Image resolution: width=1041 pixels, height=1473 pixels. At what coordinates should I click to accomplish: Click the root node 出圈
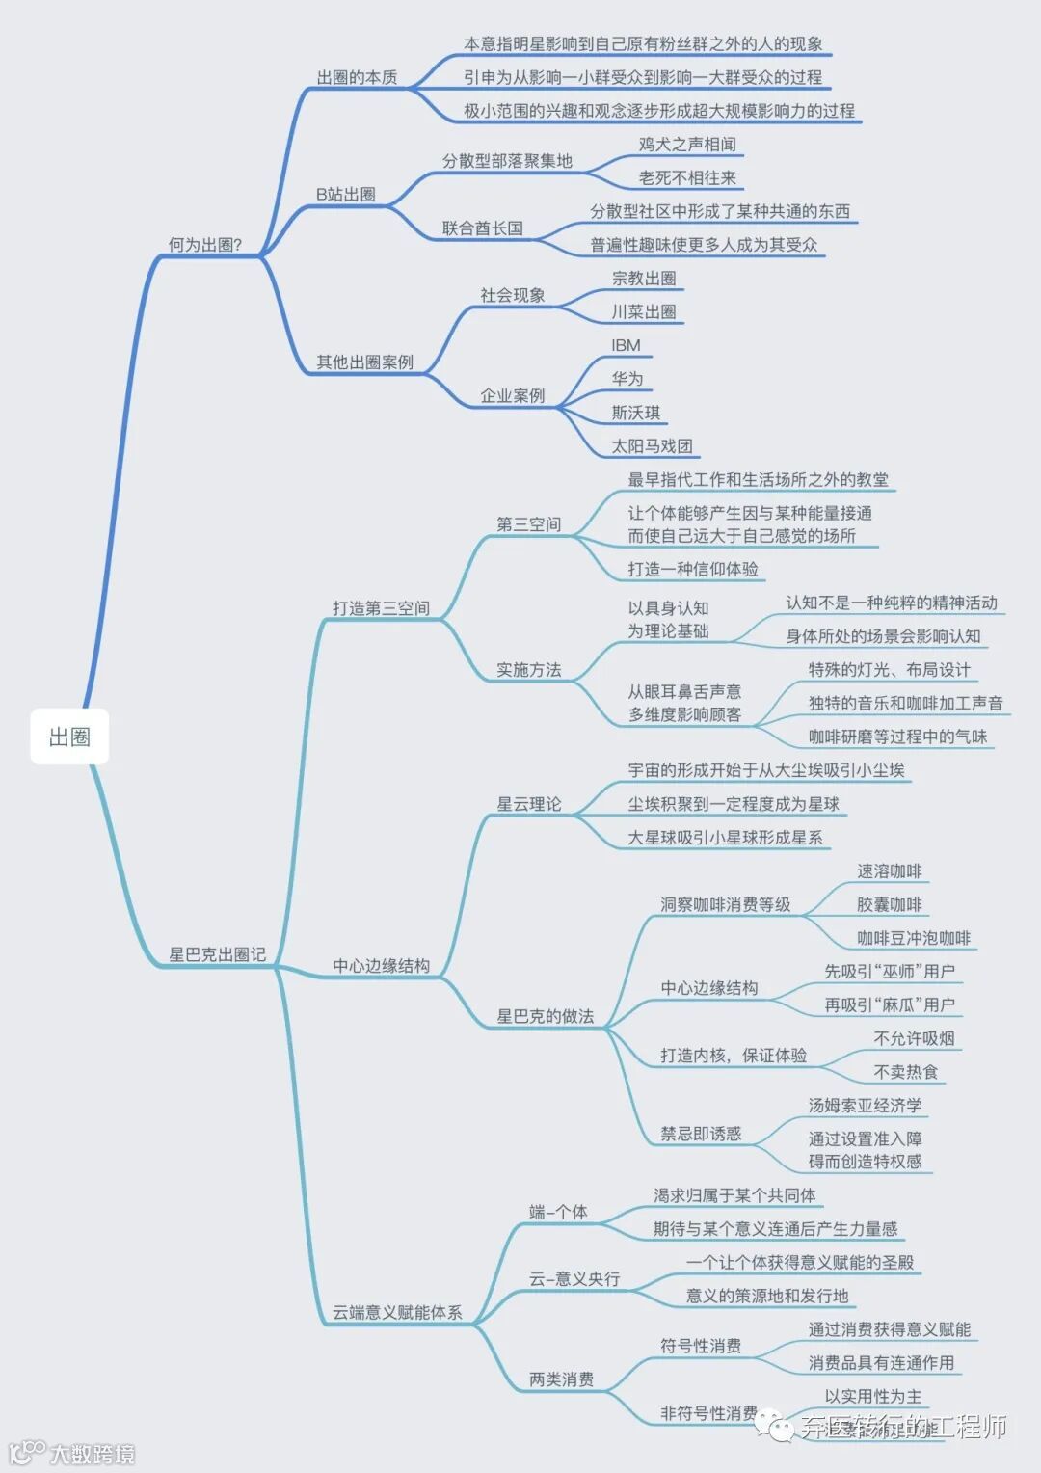(x=69, y=737)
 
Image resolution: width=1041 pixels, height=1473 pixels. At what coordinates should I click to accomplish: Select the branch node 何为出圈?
(x=204, y=245)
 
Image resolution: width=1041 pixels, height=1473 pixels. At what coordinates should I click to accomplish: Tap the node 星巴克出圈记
(x=217, y=954)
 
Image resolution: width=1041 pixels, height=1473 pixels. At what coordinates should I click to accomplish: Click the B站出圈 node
(x=346, y=194)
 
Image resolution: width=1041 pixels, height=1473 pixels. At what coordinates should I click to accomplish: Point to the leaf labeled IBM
(x=626, y=345)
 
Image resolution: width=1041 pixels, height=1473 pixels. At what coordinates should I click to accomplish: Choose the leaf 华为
(x=627, y=379)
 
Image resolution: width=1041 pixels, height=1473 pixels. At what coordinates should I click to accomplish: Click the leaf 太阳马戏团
(x=652, y=445)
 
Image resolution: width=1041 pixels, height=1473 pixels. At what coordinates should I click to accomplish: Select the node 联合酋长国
(x=483, y=228)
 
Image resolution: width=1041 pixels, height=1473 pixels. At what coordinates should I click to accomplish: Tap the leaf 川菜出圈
(x=644, y=311)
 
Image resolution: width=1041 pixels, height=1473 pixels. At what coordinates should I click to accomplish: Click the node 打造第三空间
(x=381, y=607)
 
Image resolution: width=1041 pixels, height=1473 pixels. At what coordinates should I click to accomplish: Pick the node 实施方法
(x=528, y=669)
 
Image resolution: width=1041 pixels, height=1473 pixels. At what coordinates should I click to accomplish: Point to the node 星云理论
(x=528, y=803)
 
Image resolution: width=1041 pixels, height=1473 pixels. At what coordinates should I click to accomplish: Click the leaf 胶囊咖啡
(x=889, y=904)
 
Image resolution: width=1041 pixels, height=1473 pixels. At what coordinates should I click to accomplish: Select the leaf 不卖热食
(x=905, y=1071)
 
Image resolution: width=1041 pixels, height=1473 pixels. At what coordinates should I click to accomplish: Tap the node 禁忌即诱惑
(x=701, y=1134)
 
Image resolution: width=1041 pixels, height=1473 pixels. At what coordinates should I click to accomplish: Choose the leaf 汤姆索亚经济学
(x=865, y=1105)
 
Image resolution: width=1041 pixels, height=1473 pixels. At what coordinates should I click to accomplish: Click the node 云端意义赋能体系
(x=397, y=1312)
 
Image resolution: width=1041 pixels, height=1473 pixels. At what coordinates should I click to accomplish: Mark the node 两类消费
(x=561, y=1379)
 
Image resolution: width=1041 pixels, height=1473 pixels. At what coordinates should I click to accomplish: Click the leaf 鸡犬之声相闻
(x=687, y=144)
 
